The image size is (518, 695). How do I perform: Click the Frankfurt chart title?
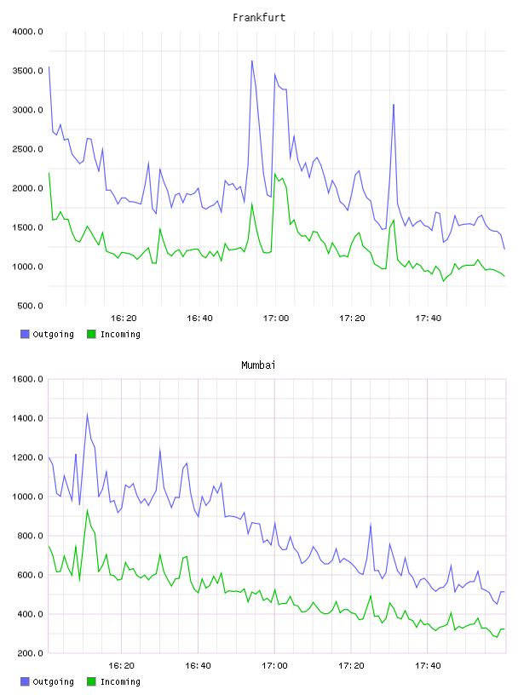click(259, 18)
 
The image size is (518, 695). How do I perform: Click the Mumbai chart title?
click(258, 365)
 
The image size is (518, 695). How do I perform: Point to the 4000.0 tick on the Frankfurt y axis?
click(28, 32)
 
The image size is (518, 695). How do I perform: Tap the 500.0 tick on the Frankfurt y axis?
click(30, 306)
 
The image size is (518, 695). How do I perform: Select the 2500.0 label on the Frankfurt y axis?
click(28, 149)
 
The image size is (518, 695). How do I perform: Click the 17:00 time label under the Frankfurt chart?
click(276, 319)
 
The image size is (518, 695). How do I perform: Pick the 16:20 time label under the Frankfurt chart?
click(124, 319)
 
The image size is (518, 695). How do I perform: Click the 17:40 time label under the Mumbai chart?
click(428, 666)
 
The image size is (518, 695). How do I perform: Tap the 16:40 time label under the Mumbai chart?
click(198, 666)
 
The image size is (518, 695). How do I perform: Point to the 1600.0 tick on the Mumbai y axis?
click(28, 379)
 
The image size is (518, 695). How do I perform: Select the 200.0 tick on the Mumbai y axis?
click(30, 653)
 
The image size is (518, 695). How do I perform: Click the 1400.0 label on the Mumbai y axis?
click(28, 418)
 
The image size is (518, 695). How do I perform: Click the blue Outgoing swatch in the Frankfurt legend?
click(25, 334)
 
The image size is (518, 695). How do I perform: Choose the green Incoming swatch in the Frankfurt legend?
click(91, 334)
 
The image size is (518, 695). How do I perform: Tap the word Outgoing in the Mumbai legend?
click(53, 681)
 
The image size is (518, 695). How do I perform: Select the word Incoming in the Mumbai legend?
click(120, 681)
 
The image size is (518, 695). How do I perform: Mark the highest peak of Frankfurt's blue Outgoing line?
click(252, 61)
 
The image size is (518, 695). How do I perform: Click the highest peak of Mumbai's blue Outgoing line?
click(88, 415)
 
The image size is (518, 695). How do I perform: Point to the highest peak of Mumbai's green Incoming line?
click(88, 510)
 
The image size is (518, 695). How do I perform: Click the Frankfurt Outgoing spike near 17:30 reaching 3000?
click(394, 105)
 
